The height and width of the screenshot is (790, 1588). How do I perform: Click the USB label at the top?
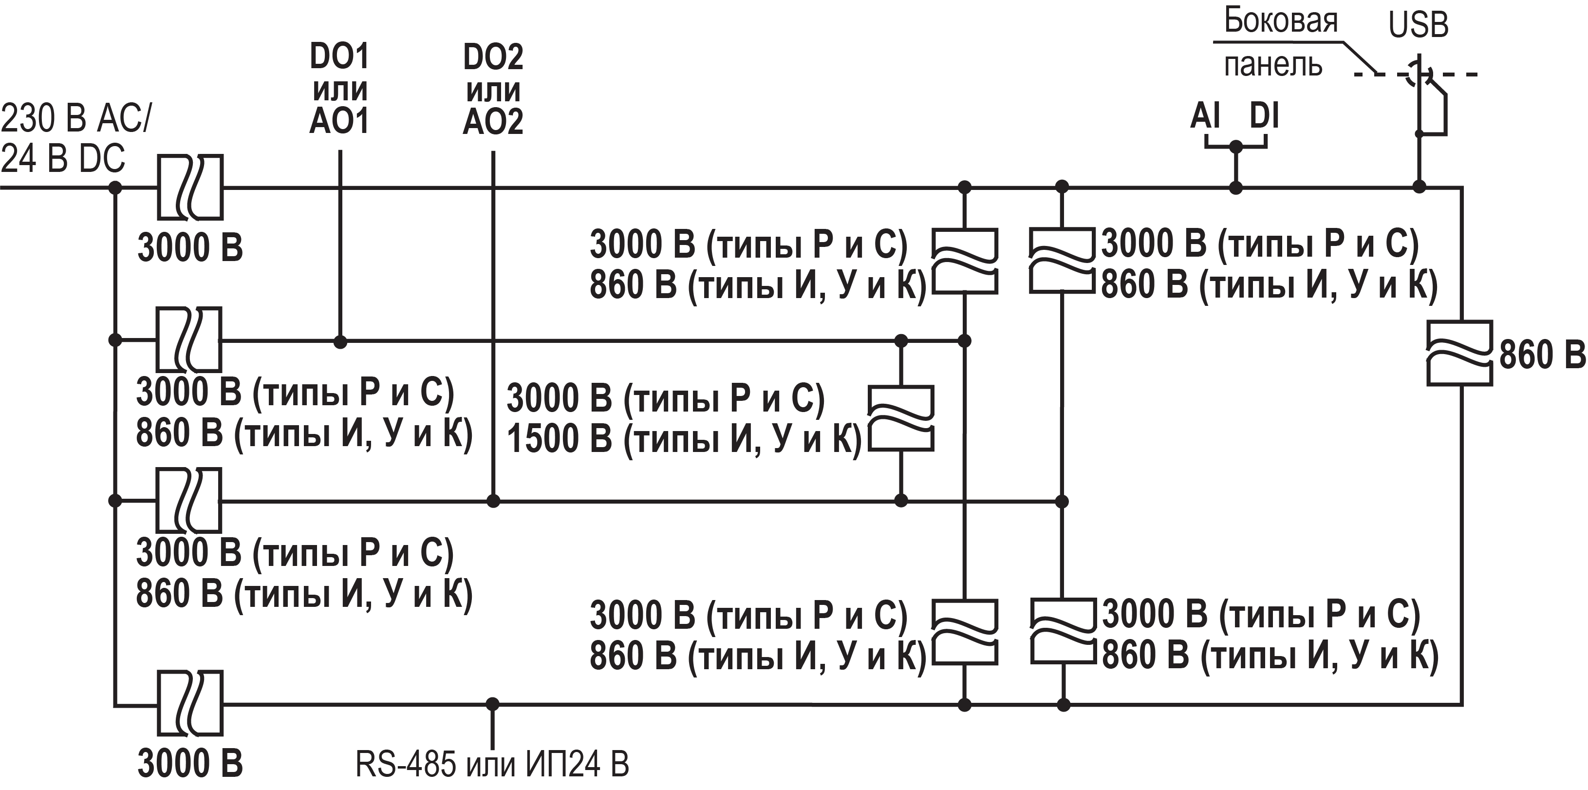1418,25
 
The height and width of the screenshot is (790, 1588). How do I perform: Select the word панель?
1273,65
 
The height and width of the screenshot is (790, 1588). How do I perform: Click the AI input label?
1205,116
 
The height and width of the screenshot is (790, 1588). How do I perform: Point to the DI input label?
1264,116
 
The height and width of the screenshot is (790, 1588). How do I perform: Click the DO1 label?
339,56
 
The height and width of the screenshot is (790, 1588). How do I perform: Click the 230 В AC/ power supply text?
75,118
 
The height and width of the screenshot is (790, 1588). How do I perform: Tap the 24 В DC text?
63,158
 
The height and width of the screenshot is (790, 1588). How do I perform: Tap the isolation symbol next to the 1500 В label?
901,419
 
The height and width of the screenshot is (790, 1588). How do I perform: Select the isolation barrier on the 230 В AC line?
190,187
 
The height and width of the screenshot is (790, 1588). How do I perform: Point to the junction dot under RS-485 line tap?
492,704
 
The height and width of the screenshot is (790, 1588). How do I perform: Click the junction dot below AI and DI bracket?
1235,187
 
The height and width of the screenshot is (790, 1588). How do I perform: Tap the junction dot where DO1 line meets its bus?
340,341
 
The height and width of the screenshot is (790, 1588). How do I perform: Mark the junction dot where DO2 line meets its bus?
492,501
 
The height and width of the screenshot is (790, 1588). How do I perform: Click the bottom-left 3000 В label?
190,764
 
